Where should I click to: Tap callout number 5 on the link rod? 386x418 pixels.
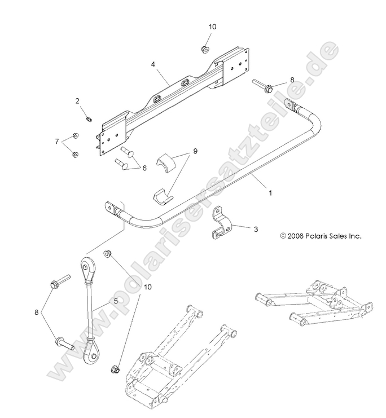(x=116, y=301)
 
